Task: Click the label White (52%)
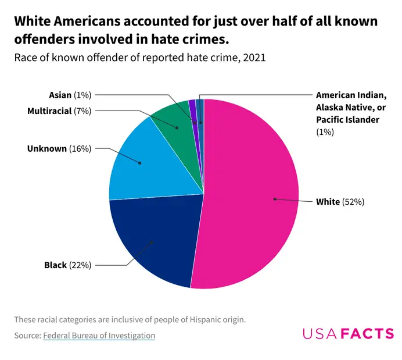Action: pyautogui.click(x=339, y=202)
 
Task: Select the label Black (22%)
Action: pyautogui.click(x=67, y=265)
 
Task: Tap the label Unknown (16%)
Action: pyautogui.click(x=59, y=148)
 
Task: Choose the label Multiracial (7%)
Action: pyautogui.click(x=59, y=111)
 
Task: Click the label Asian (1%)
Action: pyautogui.click(x=70, y=95)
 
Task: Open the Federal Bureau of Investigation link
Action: pyautogui.click(x=99, y=335)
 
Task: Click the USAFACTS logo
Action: pyautogui.click(x=347, y=333)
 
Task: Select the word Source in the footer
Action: pyautogui.click(x=26, y=335)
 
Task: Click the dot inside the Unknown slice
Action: pyautogui.click(x=141, y=163)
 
